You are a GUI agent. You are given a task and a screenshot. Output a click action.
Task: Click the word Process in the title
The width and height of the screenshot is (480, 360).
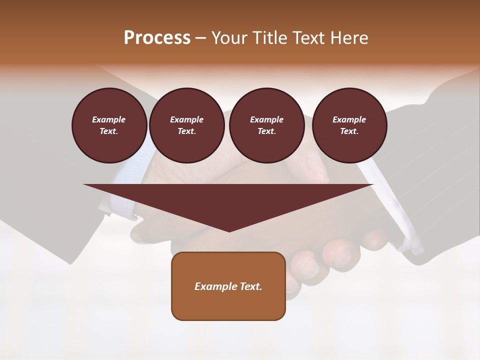157,38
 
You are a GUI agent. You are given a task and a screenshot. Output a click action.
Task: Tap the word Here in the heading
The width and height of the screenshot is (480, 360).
349,38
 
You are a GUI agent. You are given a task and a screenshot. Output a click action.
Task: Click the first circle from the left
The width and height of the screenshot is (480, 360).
109,125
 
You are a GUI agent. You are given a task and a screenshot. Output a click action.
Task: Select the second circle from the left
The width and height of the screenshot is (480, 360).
186,125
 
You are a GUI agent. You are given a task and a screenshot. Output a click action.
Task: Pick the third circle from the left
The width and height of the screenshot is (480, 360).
266,125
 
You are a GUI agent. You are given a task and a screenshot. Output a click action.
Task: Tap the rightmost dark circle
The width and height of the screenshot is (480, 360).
349,125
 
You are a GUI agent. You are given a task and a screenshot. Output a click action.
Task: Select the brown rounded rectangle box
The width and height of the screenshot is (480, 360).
228,286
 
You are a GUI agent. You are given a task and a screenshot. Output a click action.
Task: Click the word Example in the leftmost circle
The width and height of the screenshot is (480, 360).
109,119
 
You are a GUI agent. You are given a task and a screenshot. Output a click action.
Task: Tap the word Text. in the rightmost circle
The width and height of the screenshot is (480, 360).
349,131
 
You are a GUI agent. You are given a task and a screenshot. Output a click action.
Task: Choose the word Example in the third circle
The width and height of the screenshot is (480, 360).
266,119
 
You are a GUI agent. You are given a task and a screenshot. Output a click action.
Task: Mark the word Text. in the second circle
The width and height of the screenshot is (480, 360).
186,131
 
